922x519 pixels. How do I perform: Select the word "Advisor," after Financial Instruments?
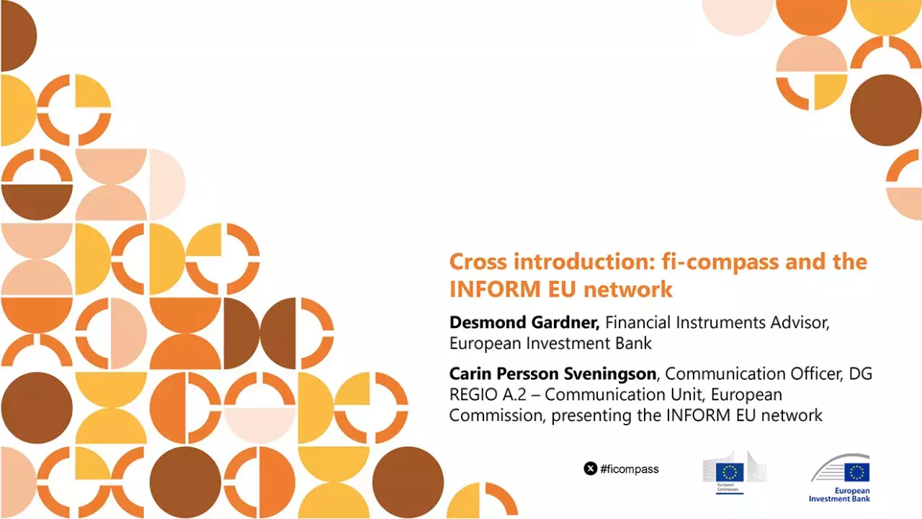(800, 322)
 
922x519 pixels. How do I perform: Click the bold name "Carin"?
(470, 373)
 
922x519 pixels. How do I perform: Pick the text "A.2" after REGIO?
(516, 394)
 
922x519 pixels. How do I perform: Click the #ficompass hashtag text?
(630, 469)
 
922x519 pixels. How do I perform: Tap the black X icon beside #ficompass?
(591, 469)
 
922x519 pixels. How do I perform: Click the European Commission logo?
(734, 473)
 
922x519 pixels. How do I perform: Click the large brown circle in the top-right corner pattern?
(885, 110)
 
